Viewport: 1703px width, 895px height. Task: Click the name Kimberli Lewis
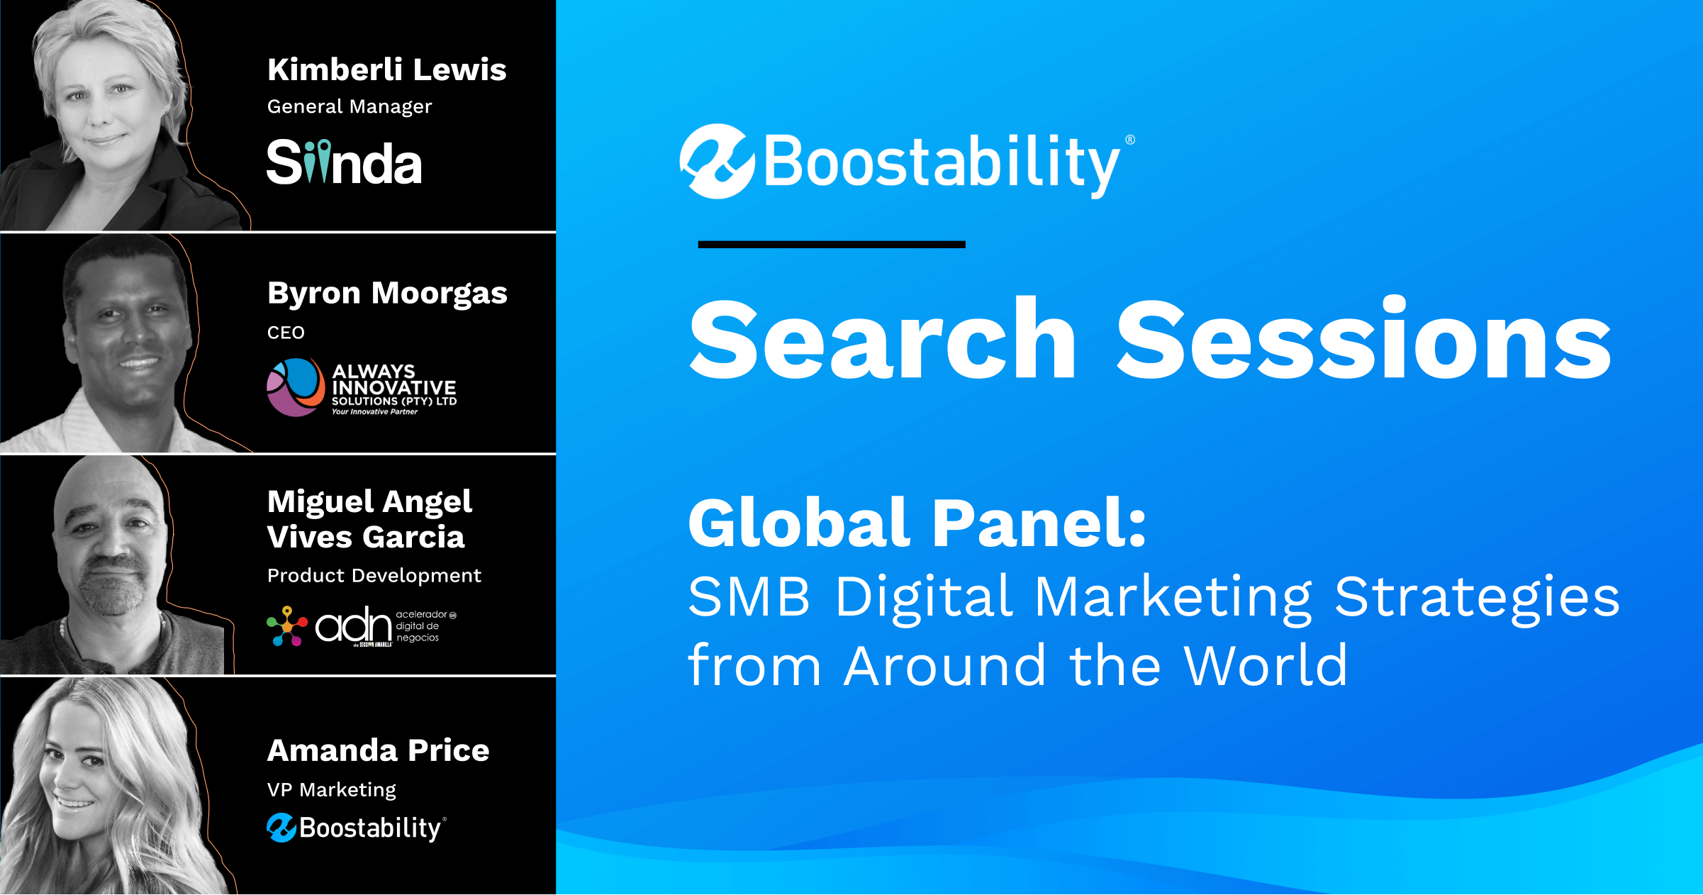click(387, 70)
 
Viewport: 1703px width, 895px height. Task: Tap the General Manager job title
click(350, 106)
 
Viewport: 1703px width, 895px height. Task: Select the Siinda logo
click(345, 162)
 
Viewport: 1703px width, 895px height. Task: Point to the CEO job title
click(286, 333)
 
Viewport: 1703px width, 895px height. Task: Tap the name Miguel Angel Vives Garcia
click(369, 519)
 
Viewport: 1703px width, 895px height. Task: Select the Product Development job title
click(374, 576)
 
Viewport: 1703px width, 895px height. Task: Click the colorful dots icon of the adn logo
click(287, 626)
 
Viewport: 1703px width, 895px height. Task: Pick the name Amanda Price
click(379, 750)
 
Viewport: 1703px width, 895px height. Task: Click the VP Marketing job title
click(332, 790)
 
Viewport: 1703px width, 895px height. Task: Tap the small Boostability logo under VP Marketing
click(357, 828)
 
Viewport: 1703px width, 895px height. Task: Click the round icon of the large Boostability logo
click(717, 162)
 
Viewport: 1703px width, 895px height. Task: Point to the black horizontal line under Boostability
click(832, 245)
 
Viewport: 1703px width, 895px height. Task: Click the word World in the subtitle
click(1266, 666)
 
